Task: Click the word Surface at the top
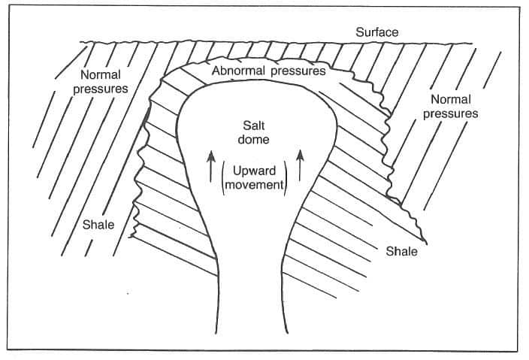377,32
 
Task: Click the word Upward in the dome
253,171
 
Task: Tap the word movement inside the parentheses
253,186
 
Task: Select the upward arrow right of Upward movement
300,165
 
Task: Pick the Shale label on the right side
401,251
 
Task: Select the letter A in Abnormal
217,71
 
